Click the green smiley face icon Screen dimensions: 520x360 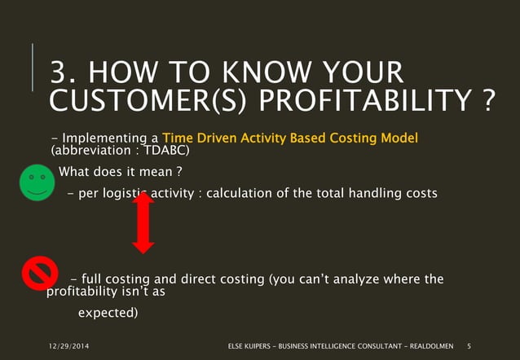37,182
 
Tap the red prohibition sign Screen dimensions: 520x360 40,273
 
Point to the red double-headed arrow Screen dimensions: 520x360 143,223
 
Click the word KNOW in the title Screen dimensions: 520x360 267,72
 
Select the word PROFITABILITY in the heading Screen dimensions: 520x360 365,100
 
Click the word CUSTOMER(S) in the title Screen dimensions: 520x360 148,100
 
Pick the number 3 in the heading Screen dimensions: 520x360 59,72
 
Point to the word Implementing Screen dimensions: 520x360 104,138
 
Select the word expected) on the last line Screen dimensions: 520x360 108,313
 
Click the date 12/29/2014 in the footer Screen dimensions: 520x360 68,346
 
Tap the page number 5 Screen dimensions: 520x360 469,346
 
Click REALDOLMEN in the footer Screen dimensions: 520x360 431,346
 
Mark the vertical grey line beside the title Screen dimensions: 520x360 32,67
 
